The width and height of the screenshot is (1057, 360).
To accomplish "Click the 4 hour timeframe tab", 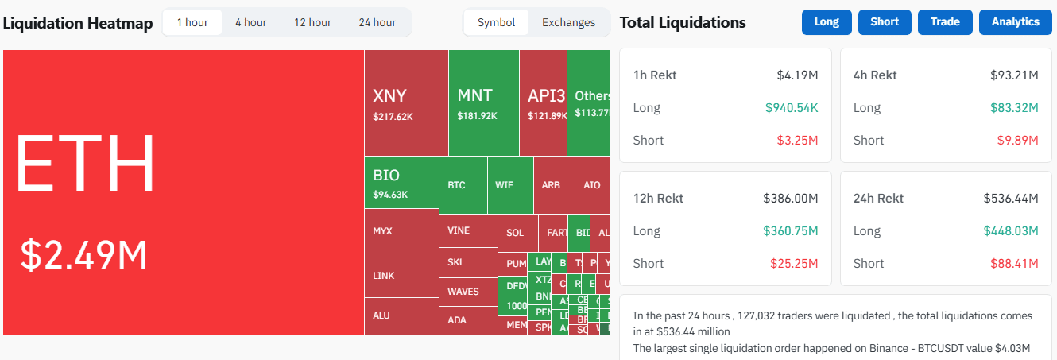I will [x=250, y=22].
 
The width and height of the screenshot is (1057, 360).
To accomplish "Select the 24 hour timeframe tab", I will [x=377, y=22].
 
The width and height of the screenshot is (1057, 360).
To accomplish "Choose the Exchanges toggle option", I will [x=568, y=22].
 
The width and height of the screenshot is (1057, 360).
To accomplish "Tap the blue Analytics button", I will [x=1015, y=22].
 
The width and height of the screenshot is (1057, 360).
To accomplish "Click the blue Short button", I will [x=885, y=22].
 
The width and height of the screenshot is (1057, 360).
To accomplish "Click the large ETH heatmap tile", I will [x=183, y=192].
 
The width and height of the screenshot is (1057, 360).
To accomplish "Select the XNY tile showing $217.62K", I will [x=405, y=103].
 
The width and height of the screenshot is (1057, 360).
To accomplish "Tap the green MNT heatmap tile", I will [x=483, y=103].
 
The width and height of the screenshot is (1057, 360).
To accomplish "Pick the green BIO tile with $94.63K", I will [x=401, y=183].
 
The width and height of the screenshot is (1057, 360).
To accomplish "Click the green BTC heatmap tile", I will [x=463, y=185].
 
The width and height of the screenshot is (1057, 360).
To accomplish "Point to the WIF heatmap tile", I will [x=509, y=185].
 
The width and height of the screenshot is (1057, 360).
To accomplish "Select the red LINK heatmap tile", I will [x=401, y=276].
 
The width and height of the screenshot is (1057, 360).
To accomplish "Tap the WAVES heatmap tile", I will [x=467, y=292].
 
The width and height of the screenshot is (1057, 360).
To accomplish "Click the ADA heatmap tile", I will [x=467, y=320].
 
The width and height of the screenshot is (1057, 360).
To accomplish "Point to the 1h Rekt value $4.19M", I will [x=797, y=75].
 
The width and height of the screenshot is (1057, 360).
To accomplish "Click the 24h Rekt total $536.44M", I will [x=1010, y=198].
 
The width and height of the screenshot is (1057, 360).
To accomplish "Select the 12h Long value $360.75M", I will [x=791, y=231].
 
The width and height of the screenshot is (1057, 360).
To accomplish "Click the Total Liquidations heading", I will [x=682, y=22].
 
